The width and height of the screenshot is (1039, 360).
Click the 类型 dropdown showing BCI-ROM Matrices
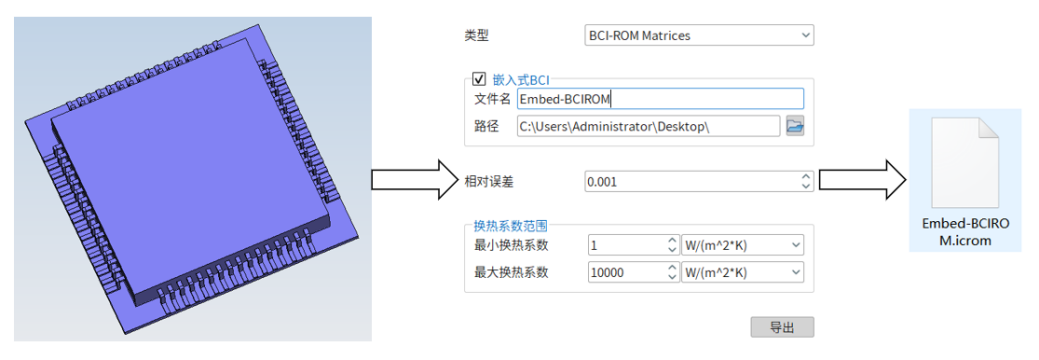[698, 36]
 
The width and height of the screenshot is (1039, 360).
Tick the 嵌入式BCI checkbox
[478, 79]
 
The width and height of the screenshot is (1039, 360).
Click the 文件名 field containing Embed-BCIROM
[660, 99]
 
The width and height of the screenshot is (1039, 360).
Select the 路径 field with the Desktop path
[647, 126]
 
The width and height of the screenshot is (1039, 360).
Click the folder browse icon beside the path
[795, 126]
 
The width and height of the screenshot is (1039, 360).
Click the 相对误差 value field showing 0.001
[691, 182]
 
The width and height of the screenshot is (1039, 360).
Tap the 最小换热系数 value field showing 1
[626, 245]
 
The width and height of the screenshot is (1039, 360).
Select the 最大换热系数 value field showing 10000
[626, 272]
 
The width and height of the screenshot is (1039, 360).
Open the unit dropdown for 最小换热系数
[742, 245]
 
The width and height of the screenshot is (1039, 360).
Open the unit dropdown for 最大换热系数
[742, 272]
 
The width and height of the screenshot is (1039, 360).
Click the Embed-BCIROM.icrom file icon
[965, 160]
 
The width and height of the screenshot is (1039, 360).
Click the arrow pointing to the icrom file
[863, 180]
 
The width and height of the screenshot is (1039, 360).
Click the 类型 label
[477, 36]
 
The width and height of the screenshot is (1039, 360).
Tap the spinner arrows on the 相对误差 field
[806, 182]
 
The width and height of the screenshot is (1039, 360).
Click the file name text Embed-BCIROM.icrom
[965, 232]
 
